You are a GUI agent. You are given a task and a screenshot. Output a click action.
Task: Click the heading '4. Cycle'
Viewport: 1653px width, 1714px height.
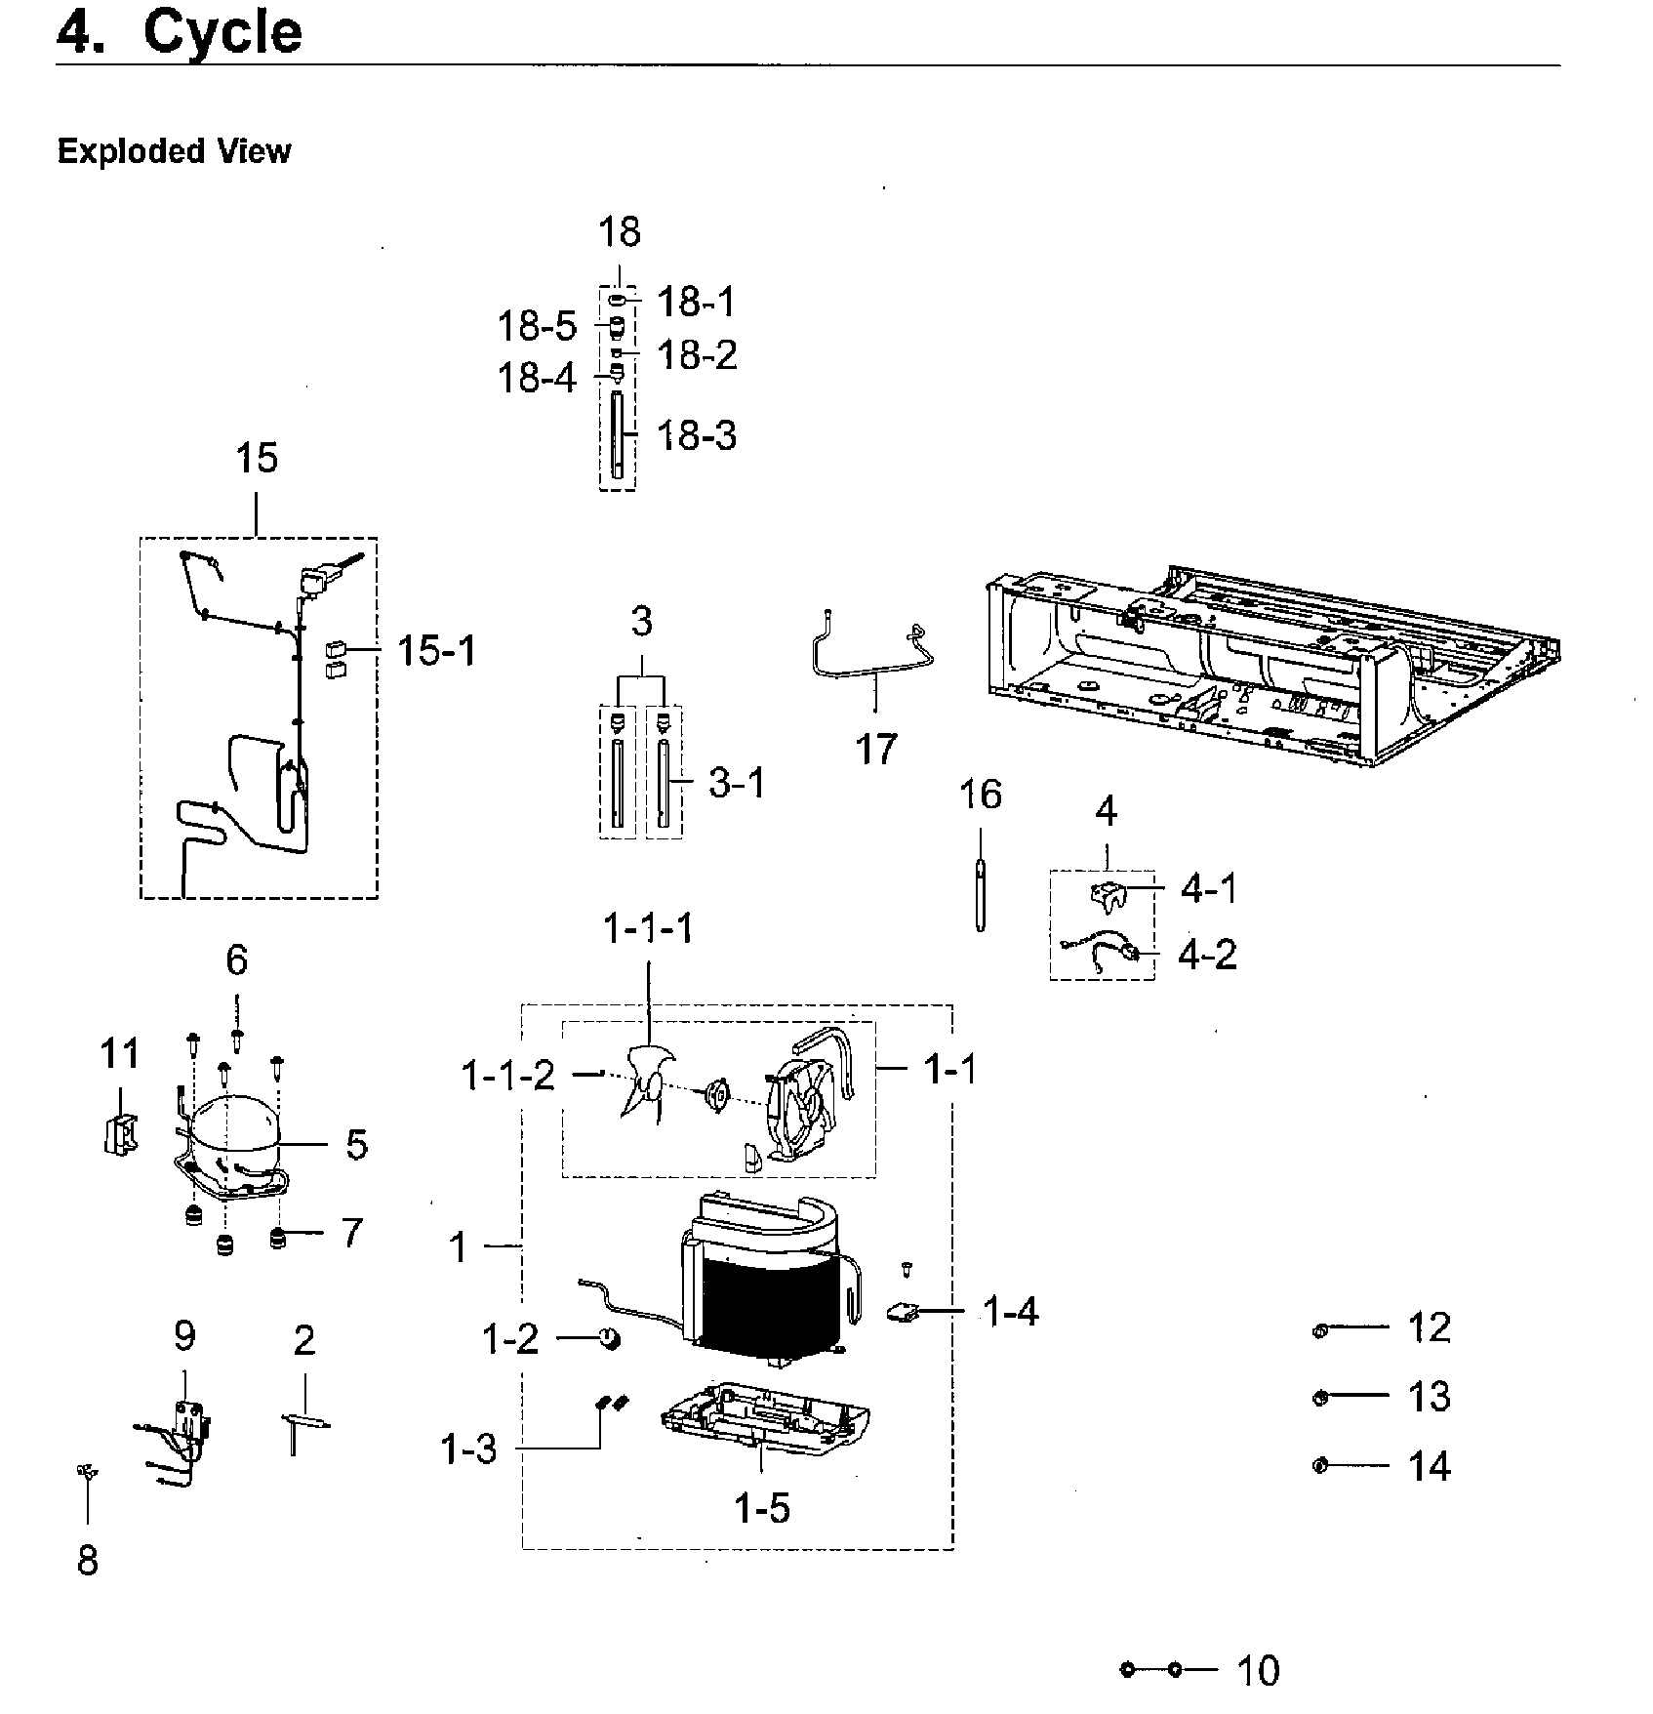180,33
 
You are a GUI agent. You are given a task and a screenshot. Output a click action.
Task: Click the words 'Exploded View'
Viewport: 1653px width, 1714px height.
174,151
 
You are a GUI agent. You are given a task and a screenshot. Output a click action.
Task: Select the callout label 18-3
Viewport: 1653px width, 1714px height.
696,435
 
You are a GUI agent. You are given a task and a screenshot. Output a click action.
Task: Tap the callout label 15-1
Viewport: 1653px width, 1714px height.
436,650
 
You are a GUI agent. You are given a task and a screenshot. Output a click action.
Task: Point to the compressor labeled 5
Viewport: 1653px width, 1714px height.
232,1137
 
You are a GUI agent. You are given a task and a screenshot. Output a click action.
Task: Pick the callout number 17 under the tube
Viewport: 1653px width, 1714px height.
875,750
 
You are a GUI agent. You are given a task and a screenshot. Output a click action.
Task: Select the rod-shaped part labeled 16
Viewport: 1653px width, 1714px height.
980,893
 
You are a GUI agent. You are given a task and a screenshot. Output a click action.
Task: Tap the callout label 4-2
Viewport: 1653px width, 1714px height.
1207,954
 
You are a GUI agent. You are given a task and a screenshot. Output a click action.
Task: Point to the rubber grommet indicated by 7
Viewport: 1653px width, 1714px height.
279,1239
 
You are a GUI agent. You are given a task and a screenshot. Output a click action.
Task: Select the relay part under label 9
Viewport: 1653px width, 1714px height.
183,1425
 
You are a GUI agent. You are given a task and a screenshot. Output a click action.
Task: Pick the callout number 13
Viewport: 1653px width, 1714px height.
1429,1397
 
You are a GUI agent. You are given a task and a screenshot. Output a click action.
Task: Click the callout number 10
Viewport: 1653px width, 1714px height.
1257,1670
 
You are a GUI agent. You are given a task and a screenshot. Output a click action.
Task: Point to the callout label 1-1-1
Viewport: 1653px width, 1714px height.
649,927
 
